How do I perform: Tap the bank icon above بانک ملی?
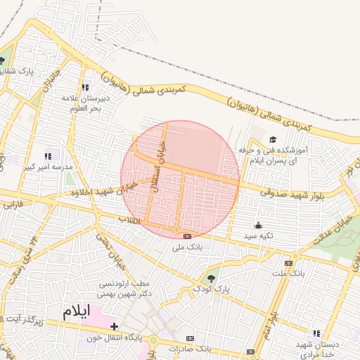(x=188, y=236)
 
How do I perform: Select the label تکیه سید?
(x=258, y=236)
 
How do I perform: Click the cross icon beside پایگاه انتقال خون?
(x=115, y=326)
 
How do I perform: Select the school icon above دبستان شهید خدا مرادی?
(x=316, y=333)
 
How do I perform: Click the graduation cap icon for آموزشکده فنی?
(x=272, y=139)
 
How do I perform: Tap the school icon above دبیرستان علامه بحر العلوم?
(x=85, y=88)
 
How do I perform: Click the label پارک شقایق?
(x=16, y=71)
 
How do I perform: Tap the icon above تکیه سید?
(x=258, y=225)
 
